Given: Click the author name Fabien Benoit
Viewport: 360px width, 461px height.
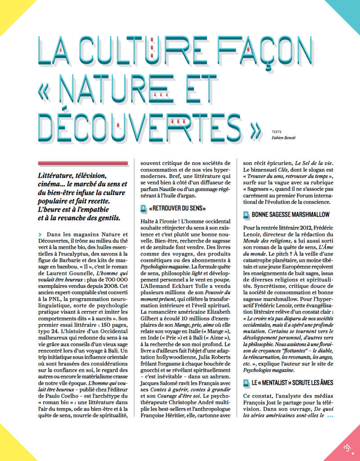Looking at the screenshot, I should coord(283,137).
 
